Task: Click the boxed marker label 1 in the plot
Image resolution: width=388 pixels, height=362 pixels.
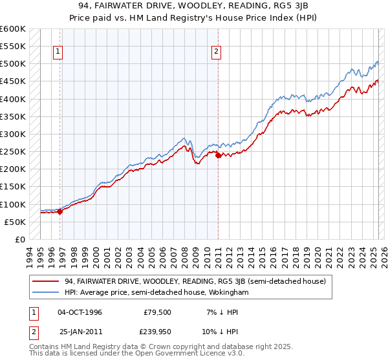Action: click(58, 52)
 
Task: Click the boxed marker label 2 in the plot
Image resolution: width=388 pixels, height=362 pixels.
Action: click(216, 52)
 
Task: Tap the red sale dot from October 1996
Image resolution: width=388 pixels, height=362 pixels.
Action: click(60, 211)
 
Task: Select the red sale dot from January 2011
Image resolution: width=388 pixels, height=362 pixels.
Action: click(218, 155)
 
